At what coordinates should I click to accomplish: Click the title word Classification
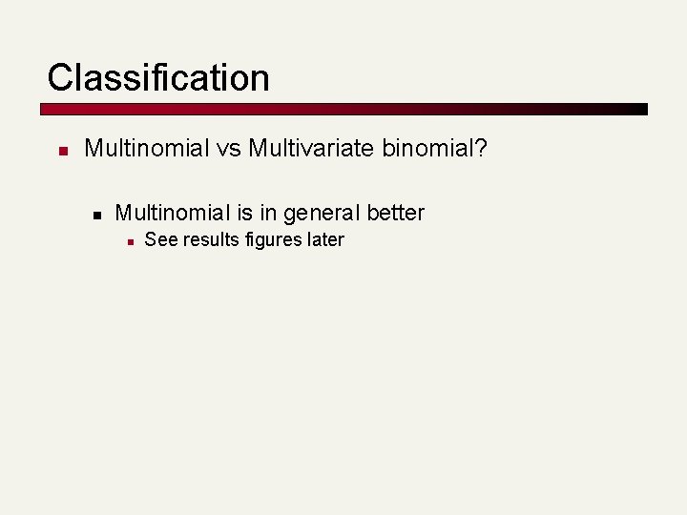[158, 77]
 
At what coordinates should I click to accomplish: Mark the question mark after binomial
[481, 149]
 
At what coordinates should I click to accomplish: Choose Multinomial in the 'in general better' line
[173, 213]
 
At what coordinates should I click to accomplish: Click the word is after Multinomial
[249, 213]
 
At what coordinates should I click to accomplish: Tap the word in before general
[273, 213]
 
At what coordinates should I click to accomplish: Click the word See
[160, 239]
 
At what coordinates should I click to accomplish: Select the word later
[325, 239]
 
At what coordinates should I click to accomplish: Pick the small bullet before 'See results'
[129, 241]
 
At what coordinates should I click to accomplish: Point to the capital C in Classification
[60, 77]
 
